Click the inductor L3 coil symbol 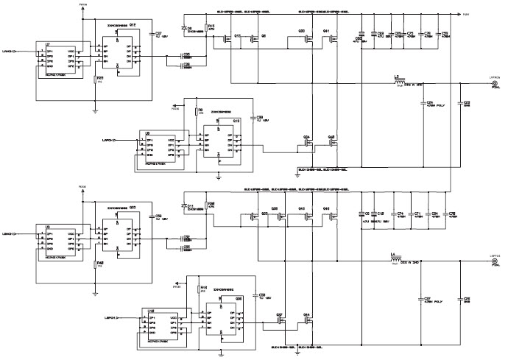(x=398, y=82)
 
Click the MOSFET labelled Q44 (x=309, y=320)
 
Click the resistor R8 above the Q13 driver (x=195, y=113)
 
